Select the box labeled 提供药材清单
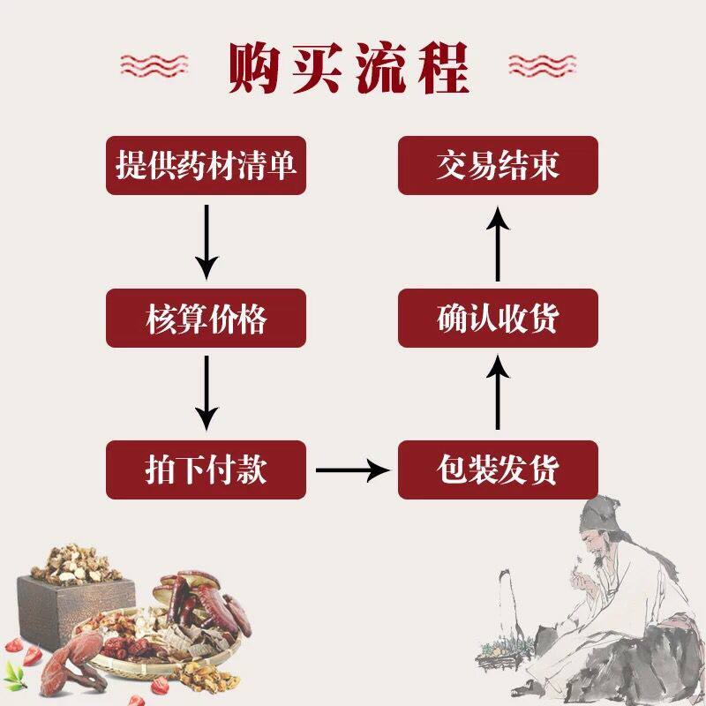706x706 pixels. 206,166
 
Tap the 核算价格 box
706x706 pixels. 206,319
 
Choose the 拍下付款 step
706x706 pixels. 206,469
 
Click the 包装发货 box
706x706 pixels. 498,469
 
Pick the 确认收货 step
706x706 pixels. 498,319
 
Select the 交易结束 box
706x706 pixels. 498,166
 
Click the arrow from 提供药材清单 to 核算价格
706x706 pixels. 206,240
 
